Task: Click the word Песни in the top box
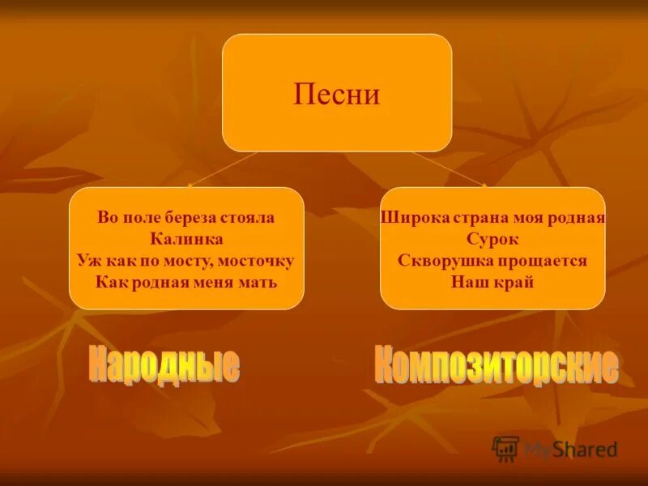pyautogui.click(x=336, y=95)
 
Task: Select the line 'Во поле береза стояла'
pyautogui.click(x=186, y=217)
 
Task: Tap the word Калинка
pyautogui.click(x=186, y=239)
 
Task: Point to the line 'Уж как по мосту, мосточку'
pyautogui.click(x=186, y=261)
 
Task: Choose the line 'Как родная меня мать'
pyautogui.click(x=186, y=283)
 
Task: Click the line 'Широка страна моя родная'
pyautogui.click(x=492, y=217)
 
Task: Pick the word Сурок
pyautogui.click(x=492, y=239)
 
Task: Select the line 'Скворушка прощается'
pyautogui.click(x=492, y=261)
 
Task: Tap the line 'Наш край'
pyautogui.click(x=492, y=283)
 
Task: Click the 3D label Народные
pyautogui.click(x=164, y=364)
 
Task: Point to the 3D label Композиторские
pyautogui.click(x=496, y=366)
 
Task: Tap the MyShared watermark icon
pyautogui.click(x=505, y=448)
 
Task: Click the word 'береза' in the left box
pyautogui.click(x=189, y=217)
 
